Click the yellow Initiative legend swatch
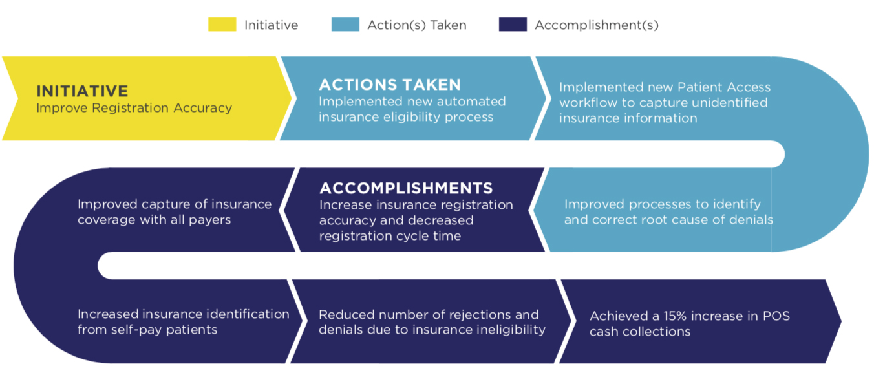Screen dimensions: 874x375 click(222, 24)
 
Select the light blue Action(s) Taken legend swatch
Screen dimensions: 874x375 click(345, 24)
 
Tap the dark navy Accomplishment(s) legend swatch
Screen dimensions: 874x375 click(513, 24)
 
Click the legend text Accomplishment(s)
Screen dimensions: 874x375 click(597, 25)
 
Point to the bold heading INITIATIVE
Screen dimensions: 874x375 click(82, 91)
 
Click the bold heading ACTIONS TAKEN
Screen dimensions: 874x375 click(390, 85)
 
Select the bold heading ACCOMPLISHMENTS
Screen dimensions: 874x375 click(406, 188)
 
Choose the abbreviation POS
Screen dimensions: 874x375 click(776, 316)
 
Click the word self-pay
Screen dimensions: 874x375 click(136, 330)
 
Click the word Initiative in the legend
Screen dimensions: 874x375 click(271, 25)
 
